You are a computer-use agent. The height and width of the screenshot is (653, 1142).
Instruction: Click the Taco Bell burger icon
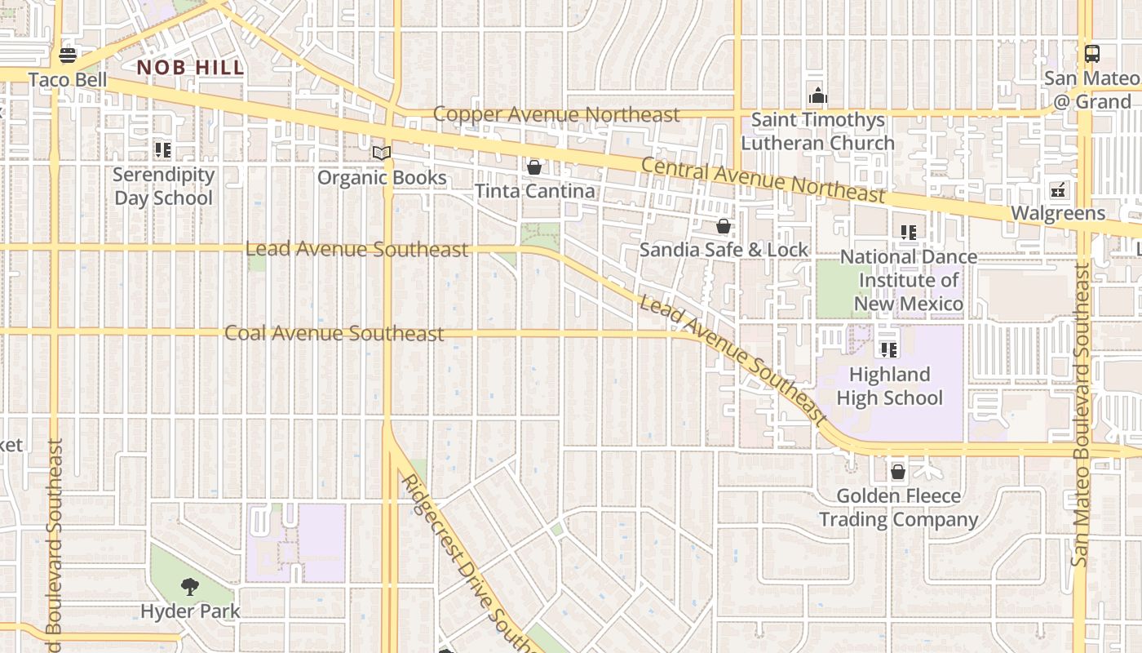68,56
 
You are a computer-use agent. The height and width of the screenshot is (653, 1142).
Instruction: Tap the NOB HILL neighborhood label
190,68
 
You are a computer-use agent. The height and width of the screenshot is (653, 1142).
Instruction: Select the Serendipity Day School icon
163,150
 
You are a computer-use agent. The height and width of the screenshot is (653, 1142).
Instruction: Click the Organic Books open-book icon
381,153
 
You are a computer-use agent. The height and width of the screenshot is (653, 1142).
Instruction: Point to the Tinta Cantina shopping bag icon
534,167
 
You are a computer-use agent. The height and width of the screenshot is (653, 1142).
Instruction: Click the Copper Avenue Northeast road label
556,114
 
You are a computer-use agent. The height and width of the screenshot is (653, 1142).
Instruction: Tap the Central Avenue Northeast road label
762,180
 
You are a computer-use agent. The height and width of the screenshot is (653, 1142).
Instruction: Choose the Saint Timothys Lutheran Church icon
817,96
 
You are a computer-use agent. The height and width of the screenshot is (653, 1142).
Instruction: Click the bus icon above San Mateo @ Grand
1091,54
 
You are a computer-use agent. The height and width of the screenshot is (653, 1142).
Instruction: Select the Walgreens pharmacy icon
1058,189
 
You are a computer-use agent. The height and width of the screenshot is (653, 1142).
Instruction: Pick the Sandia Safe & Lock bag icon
723,226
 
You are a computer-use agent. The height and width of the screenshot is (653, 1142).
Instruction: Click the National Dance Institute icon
909,233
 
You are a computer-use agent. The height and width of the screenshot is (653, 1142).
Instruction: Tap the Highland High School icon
889,350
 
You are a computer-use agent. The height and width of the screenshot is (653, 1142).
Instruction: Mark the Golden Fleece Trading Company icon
898,472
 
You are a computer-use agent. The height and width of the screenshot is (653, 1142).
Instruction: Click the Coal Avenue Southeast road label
334,333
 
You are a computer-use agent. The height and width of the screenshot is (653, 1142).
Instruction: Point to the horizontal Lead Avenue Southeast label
356,249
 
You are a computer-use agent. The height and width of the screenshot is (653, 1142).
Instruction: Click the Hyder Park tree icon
190,586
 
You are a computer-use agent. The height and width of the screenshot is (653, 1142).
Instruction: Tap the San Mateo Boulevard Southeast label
1082,416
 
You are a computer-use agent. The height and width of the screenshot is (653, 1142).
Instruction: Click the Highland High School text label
889,386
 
